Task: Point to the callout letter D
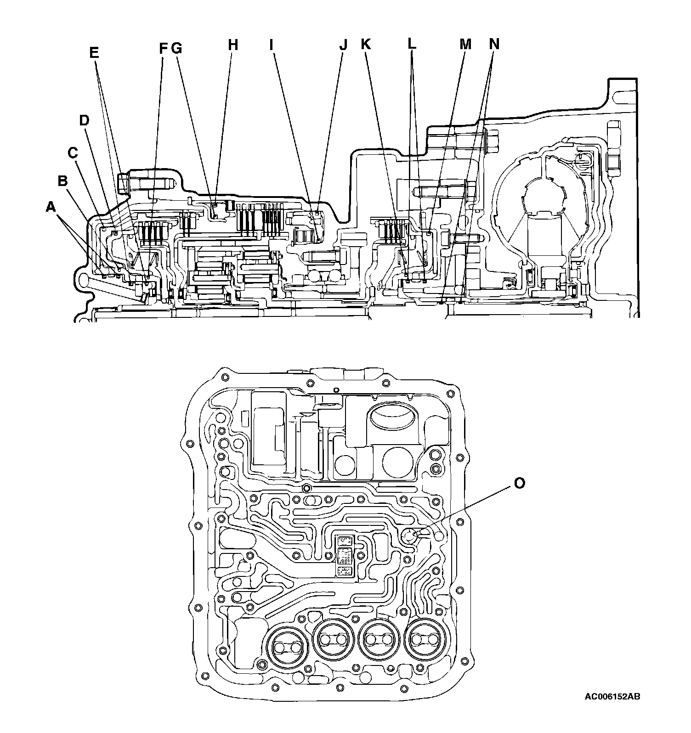pyautogui.click(x=84, y=121)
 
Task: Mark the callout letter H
pyautogui.click(x=234, y=45)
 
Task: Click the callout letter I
pyautogui.click(x=272, y=45)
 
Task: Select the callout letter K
pyautogui.click(x=365, y=45)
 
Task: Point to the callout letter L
pyautogui.click(x=412, y=45)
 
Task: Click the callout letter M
pyautogui.click(x=466, y=45)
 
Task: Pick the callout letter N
pyautogui.click(x=494, y=45)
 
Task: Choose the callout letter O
pyautogui.click(x=519, y=483)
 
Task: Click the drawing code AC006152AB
pyautogui.click(x=612, y=710)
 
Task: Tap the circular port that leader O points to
pyautogui.click(x=409, y=535)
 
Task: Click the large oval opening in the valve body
pyautogui.click(x=390, y=419)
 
